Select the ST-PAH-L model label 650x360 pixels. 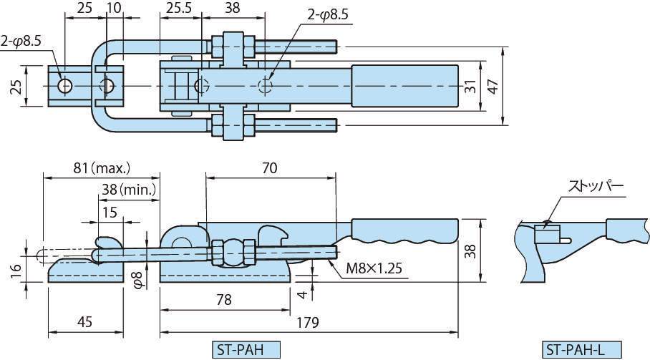coord(576,350)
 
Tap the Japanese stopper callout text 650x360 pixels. coord(596,187)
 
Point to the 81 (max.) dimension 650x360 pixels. coord(101,168)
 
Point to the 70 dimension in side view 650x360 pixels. coord(269,168)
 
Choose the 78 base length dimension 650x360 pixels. coord(223,301)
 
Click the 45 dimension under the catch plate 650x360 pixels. coord(84,323)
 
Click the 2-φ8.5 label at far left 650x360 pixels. coord(21,42)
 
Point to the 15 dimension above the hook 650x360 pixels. coord(109,212)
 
